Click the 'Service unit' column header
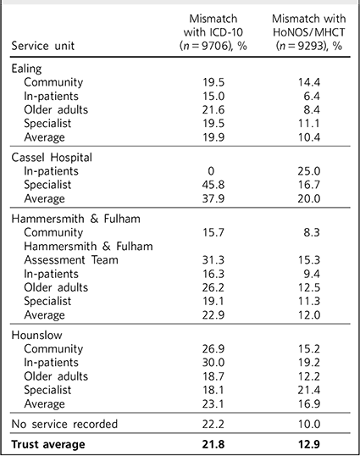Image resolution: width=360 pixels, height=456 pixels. coord(43,46)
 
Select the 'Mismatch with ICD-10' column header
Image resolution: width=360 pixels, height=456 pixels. coord(213,32)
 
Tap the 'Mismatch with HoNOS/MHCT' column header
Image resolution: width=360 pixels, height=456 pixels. coord(309,32)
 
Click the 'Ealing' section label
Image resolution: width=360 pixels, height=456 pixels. coord(26,69)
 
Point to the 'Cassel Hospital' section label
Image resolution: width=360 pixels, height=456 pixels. coord(52,158)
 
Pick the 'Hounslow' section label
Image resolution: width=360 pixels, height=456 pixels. coord(36,335)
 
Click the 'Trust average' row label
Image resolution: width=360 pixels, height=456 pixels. coord(48,444)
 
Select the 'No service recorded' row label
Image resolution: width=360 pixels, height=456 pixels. coord(64,424)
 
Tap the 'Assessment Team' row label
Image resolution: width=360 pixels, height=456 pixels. coord(71,259)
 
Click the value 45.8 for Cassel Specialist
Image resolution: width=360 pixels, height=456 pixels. coord(213,185)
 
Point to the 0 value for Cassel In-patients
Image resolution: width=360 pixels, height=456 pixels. coord(211,171)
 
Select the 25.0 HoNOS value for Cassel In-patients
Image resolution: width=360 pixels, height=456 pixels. coord(309,171)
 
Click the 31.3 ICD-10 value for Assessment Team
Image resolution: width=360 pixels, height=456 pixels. coord(213,259)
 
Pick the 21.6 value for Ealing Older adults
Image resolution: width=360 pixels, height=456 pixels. coord(213,110)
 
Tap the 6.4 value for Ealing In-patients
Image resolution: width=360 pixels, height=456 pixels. coord(312,97)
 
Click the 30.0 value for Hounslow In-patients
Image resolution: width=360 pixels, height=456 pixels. coord(213,363)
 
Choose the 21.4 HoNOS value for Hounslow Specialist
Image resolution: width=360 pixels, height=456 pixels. coord(309,390)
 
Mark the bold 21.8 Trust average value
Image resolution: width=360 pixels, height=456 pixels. coord(213,444)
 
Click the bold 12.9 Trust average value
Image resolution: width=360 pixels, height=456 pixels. coord(309,444)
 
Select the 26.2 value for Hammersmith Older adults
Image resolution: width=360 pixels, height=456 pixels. coord(213,287)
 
